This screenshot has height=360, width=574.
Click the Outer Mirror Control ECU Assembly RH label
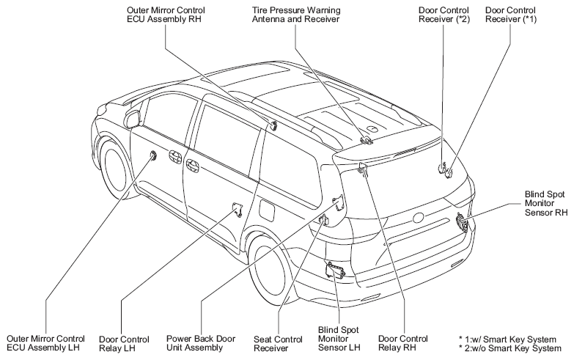click(166, 15)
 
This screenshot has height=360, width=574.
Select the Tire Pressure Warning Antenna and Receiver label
click(295, 15)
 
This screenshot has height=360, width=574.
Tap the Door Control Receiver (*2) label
click(444, 15)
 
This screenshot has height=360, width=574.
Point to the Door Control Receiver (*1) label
click(511, 15)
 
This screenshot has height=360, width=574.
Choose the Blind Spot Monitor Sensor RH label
click(545, 203)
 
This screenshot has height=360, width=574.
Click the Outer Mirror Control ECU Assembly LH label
click(45, 343)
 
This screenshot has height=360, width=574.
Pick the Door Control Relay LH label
click(124, 344)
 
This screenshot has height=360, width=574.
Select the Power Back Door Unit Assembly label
click(201, 343)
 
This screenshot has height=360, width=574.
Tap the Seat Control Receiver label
click(278, 344)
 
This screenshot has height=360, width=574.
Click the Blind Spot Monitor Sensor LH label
click(339, 339)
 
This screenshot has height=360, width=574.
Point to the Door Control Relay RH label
click(402, 343)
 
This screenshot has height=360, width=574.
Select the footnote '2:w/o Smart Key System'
click(509, 349)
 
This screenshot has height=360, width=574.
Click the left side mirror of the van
click(133, 117)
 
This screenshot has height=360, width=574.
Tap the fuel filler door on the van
click(267, 209)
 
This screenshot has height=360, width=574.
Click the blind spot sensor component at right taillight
click(461, 222)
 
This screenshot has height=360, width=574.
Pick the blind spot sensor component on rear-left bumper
click(336, 271)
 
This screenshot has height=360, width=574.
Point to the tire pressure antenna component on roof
click(365, 140)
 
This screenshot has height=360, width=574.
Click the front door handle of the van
click(175, 157)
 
